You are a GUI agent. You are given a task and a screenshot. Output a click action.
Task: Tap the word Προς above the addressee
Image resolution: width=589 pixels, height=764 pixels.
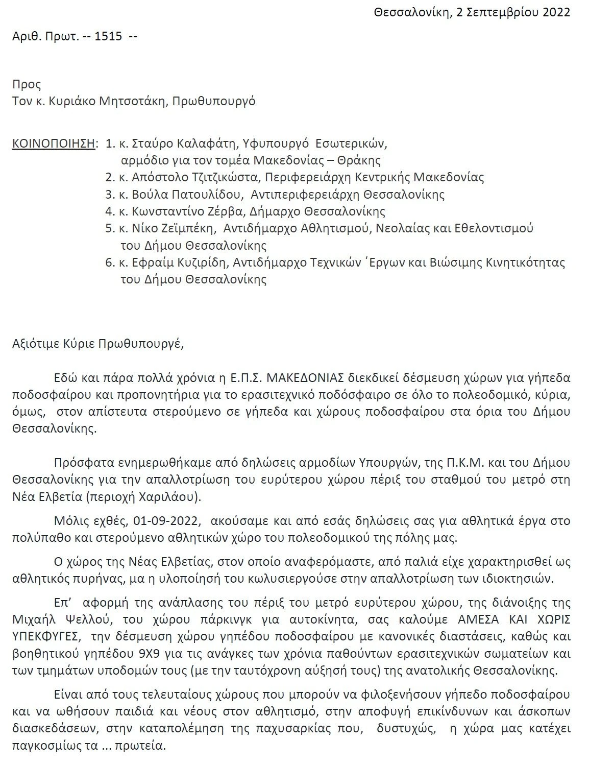[27, 84]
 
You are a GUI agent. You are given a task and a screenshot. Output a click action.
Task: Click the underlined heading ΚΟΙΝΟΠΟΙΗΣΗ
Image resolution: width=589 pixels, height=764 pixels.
[53, 144]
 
